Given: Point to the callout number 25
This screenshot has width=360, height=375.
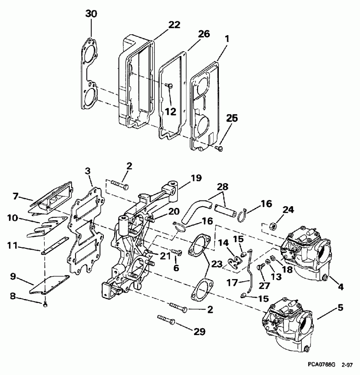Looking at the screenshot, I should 232,117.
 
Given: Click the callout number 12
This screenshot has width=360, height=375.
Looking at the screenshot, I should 170,112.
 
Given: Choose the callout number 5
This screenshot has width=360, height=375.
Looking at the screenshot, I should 340,308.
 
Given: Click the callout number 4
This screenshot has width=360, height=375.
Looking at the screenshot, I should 340,286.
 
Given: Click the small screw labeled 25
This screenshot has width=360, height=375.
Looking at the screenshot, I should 218,149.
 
